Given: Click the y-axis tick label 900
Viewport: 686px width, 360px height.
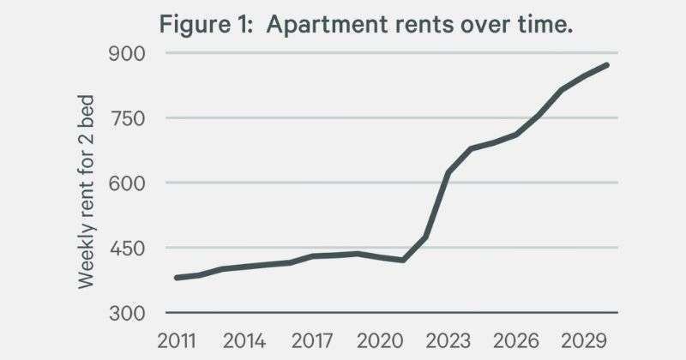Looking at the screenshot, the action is coord(126,54).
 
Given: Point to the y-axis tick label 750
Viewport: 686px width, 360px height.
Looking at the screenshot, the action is coord(126,119).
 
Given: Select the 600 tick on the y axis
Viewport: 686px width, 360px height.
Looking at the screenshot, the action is coord(126,183).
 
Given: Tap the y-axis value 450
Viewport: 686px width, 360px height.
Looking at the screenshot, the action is coord(126,249).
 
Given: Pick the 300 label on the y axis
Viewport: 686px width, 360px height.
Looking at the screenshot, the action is coord(126,314).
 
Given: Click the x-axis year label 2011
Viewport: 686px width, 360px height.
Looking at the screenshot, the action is coord(177,341).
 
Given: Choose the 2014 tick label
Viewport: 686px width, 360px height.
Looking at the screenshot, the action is coord(244,341).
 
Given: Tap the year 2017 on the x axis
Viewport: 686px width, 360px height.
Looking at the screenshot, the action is coord(312,341).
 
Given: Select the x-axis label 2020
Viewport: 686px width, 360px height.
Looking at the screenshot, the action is coord(380,341).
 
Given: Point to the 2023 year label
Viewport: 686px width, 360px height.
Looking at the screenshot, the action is coord(448,341).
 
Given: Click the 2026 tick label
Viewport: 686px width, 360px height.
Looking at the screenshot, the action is coord(516,341).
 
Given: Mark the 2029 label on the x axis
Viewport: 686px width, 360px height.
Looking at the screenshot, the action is coord(584,341).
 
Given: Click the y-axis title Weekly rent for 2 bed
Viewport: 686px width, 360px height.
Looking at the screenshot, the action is coord(87,192).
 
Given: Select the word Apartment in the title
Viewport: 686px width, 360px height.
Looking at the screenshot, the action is coord(327,25).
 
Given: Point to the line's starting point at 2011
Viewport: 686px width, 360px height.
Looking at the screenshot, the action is coord(177,278).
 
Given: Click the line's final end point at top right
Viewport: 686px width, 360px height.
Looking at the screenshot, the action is coord(607,65).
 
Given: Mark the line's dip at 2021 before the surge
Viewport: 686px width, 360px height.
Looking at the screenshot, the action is coord(403,261).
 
